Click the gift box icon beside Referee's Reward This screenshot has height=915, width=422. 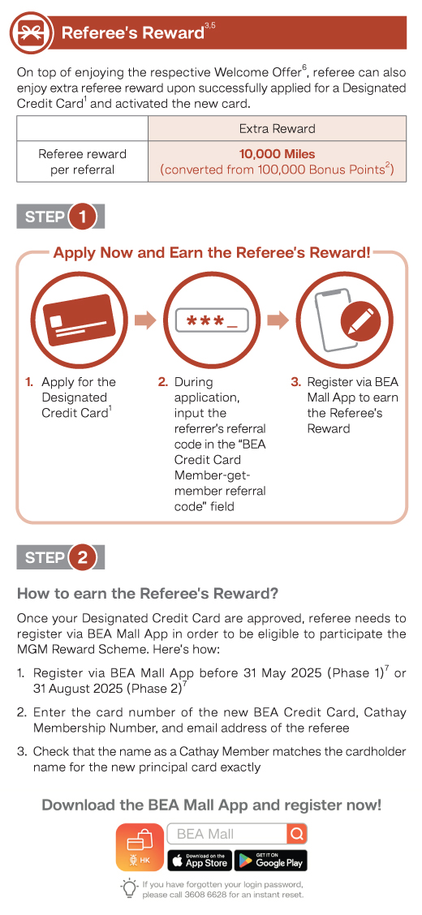30,32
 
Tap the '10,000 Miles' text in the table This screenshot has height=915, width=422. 277,155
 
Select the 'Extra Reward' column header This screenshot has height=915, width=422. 277,128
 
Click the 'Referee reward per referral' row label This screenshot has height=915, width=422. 82,162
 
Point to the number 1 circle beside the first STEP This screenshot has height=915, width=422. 82,217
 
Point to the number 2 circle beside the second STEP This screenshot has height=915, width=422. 82,558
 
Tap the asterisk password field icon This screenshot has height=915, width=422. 212,321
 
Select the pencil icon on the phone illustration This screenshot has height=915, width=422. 360,321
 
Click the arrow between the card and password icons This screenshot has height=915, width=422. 145,320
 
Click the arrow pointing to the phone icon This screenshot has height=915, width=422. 278,320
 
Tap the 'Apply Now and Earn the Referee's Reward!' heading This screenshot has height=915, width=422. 212,253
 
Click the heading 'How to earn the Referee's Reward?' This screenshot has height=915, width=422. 148,594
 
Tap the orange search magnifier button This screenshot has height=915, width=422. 296,834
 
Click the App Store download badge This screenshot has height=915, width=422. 200,861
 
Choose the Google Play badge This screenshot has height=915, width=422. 271,861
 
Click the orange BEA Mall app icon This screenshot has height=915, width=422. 140,848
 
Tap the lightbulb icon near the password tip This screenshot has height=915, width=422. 129,889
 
